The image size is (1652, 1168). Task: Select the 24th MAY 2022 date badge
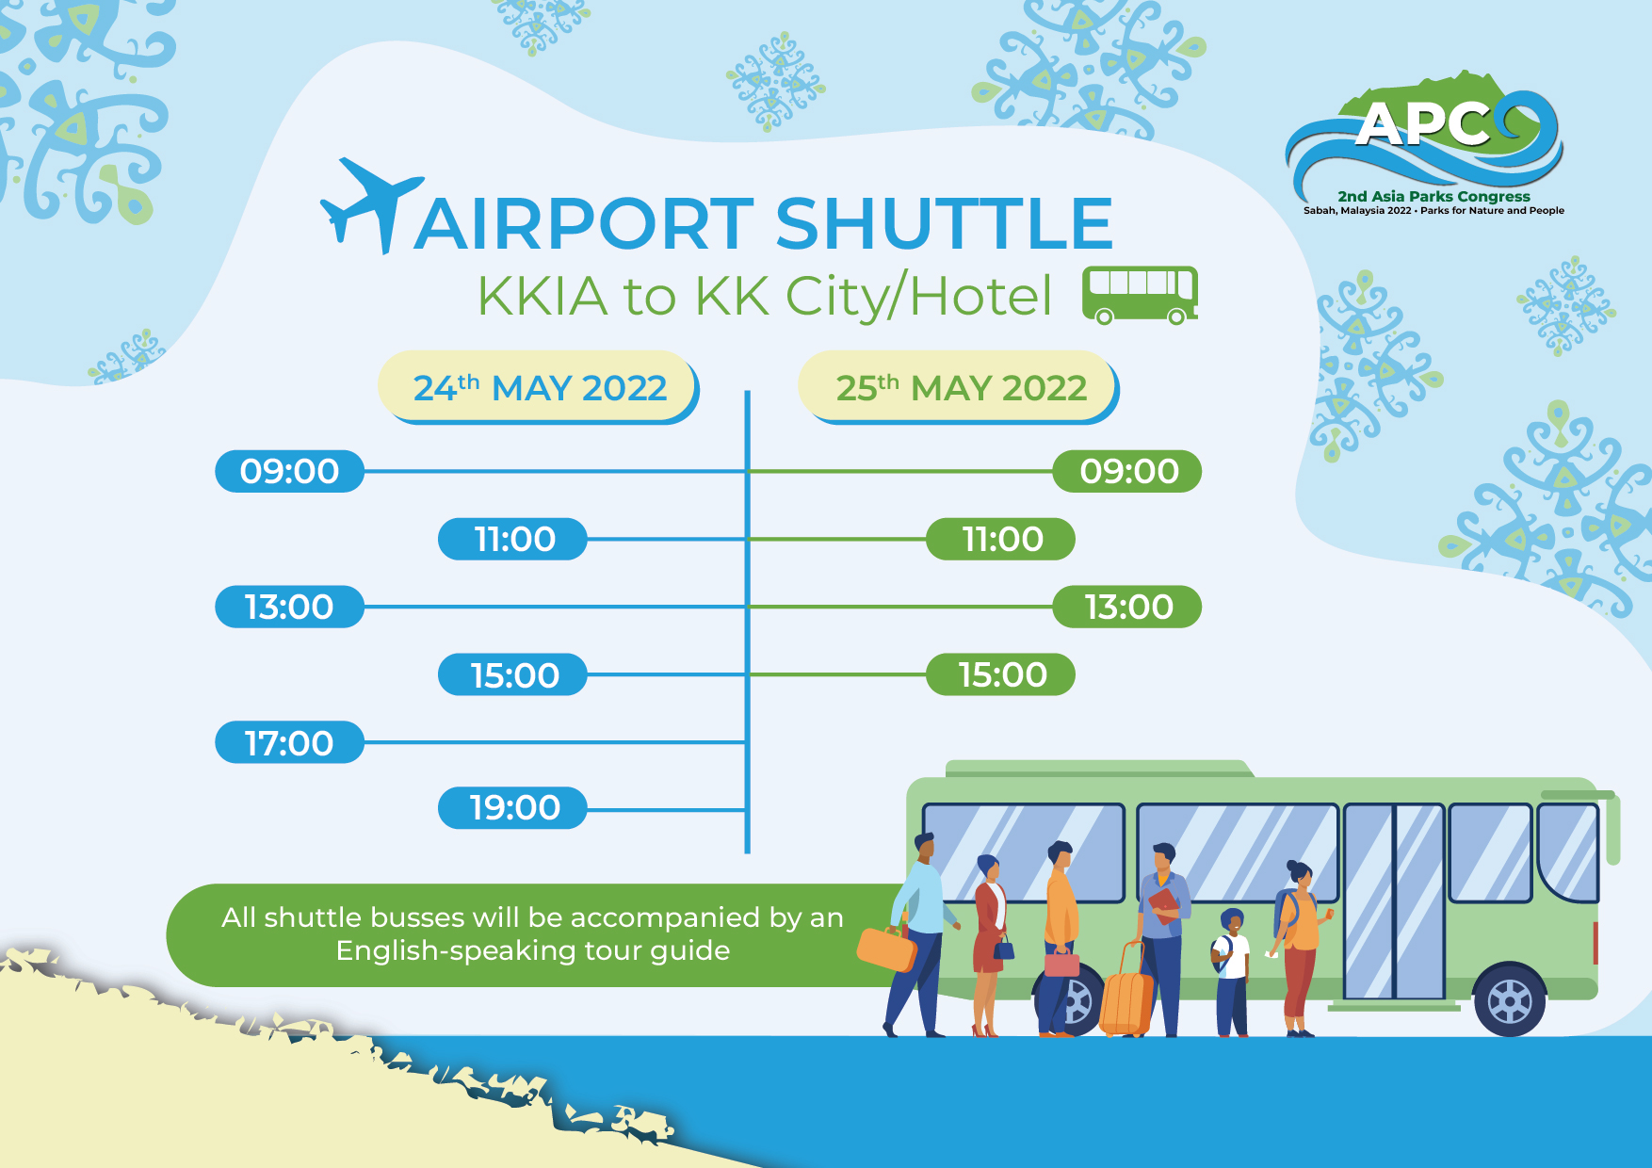(x=539, y=387)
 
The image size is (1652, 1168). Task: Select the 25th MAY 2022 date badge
(x=960, y=387)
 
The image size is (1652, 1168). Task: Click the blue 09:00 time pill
(x=289, y=471)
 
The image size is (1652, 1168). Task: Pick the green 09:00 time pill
(x=1127, y=471)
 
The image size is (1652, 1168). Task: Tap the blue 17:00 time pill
(x=289, y=742)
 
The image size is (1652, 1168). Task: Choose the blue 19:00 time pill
(x=513, y=807)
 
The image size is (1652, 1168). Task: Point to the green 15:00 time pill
(x=1001, y=674)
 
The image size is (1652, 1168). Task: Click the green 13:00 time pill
(x=1127, y=607)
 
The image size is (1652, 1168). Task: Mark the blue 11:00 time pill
(x=513, y=539)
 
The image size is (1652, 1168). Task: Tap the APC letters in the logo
(x=1422, y=124)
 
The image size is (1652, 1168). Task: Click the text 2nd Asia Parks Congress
(x=1433, y=196)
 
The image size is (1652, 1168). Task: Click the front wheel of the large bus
(x=1509, y=1000)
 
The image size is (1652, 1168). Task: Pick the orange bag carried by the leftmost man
(x=886, y=949)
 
